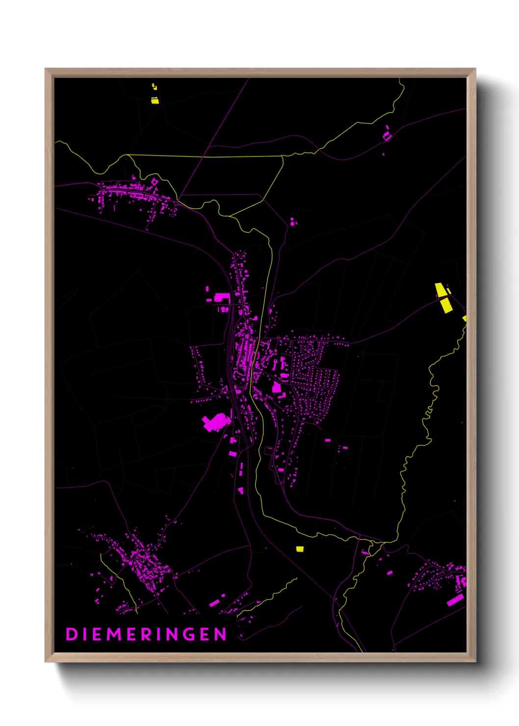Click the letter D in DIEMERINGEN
coord(72,634)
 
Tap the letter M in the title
coord(114,634)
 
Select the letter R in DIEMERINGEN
coord(147,634)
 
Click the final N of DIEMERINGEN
coord(220,634)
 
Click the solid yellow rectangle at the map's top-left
coord(155,101)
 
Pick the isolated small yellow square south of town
coord(300,549)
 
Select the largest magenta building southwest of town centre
coord(215,422)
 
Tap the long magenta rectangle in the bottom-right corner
coord(455,600)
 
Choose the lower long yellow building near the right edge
coord(446,305)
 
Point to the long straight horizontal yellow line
coord(206,156)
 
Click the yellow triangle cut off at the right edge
coord(465,318)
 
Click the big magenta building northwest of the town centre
coord(222,297)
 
